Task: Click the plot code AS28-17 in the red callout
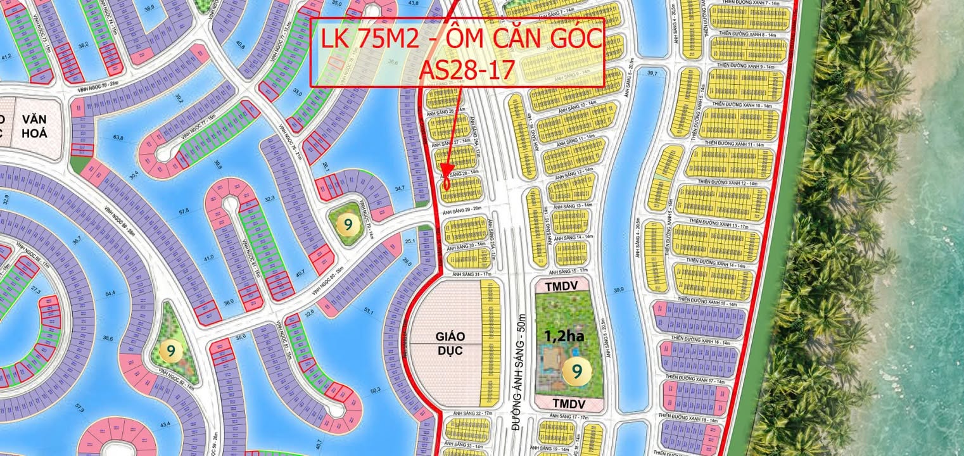coord(457,70)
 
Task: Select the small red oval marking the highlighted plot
coord(447,184)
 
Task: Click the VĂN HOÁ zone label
coord(34,126)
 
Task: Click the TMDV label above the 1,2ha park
coord(561,286)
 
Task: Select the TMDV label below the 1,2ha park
coord(561,403)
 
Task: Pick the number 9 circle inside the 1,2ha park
coord(576,368)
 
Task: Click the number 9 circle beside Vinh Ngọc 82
coord(170,348)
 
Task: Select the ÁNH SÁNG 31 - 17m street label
coord(467,274)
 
